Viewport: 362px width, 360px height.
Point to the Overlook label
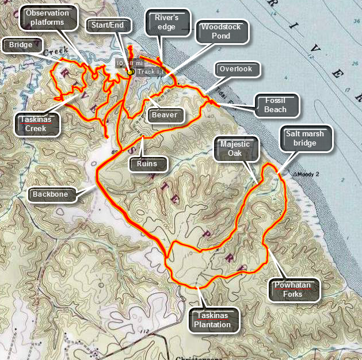(236, 70)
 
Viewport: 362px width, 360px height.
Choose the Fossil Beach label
(276, 105)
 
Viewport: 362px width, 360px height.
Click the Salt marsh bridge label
(308, 139)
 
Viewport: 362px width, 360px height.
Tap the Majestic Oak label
(234, 148)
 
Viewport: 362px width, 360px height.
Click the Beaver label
(165, 115)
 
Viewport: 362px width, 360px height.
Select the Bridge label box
(21, 44)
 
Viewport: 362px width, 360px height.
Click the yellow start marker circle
(131, 72)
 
